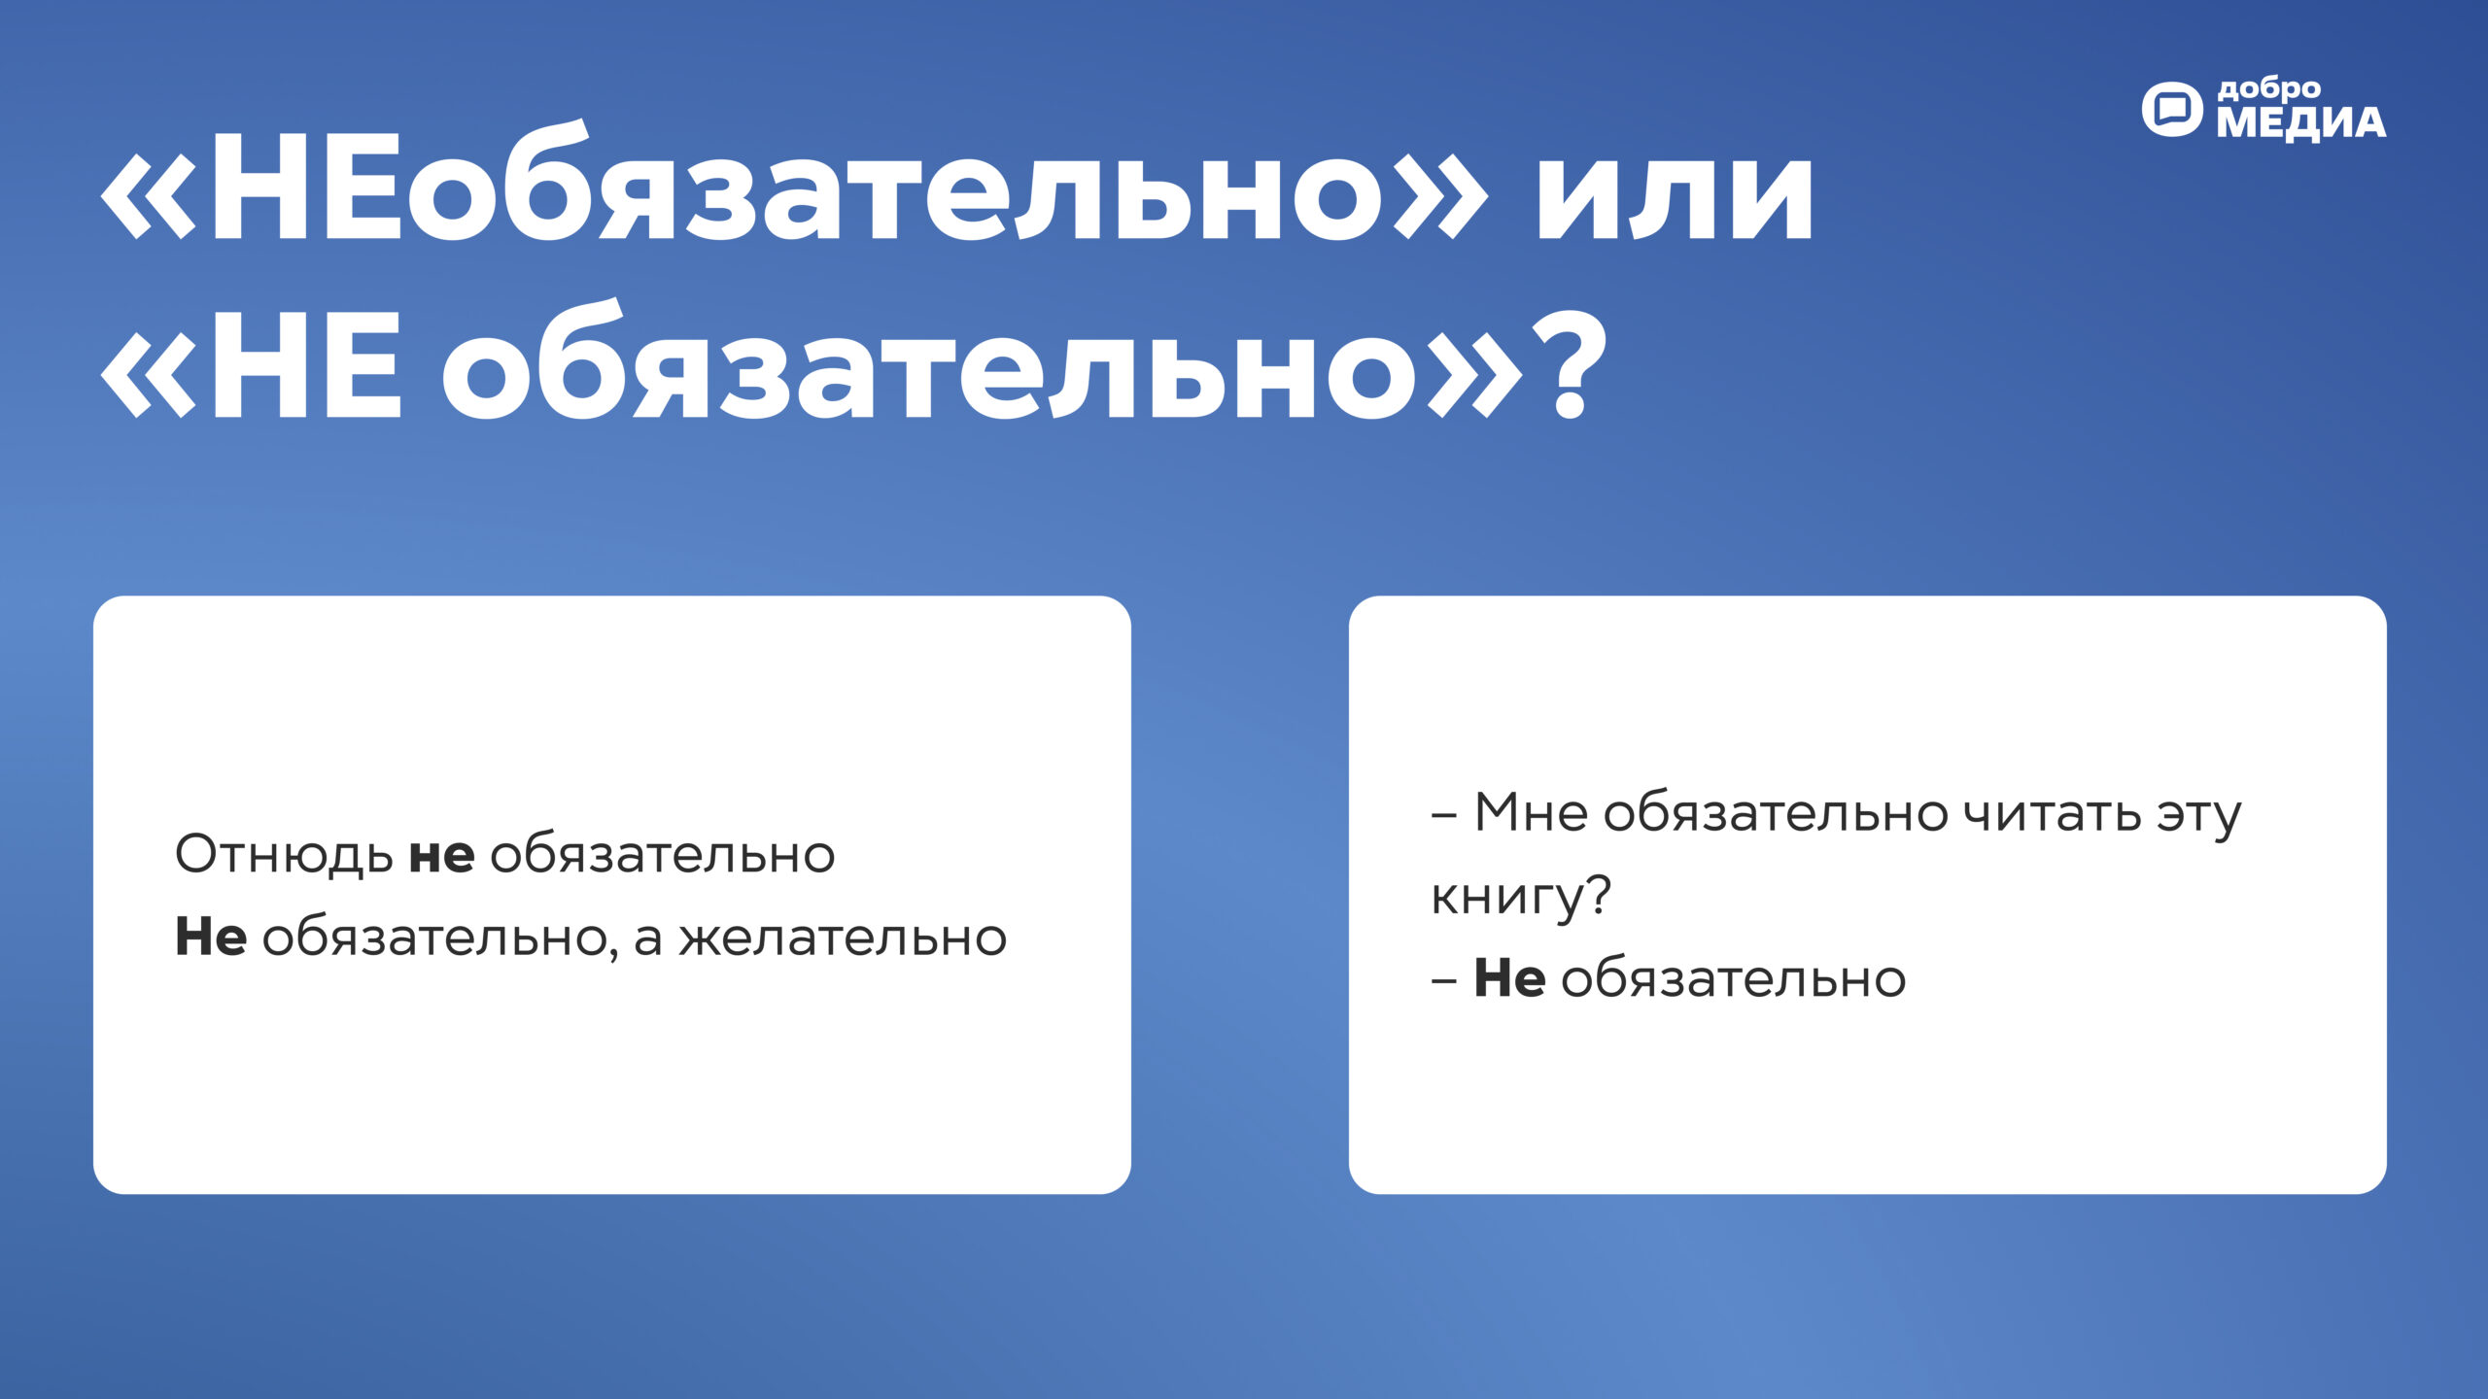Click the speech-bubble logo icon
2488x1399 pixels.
click(x=2172, y=110)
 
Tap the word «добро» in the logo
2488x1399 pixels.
click(x=2269, y=89)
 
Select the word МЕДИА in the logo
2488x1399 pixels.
click(x=2300, y=123)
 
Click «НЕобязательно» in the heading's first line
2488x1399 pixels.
click(x=792, y=189)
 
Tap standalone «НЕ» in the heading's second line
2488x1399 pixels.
click(x=304, y=369)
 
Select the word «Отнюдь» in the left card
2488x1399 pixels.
click(x=284, y=855)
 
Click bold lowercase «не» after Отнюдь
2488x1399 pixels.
click(x=441, y=855)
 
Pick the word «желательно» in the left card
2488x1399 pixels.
click(x=843, y=938)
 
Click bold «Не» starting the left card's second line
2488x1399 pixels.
click(x=210, y=938)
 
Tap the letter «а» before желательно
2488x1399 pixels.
click(x=648, y=940)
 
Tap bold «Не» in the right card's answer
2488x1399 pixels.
click(x=1509, y=978)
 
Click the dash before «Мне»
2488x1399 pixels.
click(x=1443, y=816)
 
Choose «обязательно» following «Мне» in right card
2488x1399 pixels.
click(x=1775, y=813)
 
